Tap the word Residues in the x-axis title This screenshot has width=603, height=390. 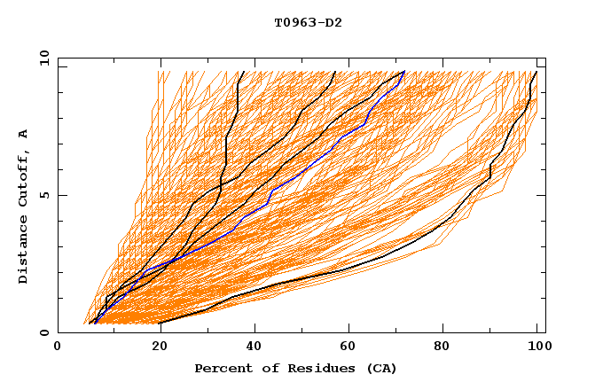(307, 368)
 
